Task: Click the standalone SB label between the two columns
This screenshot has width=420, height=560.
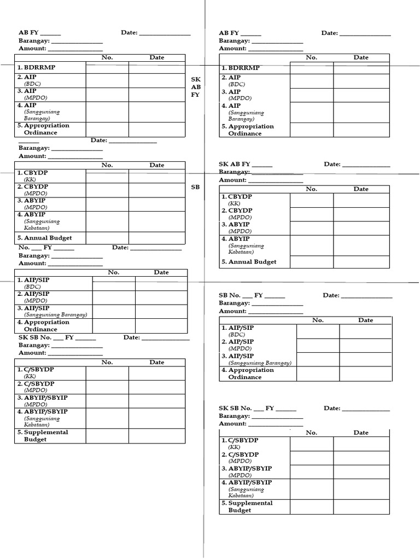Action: pos(195,187)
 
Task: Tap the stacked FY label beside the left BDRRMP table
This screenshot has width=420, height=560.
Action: pos(195,95)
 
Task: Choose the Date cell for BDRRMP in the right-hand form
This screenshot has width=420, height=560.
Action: pos(361,68)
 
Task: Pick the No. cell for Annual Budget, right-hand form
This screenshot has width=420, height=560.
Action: pos(311,262)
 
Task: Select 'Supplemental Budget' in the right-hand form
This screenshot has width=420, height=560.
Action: pos(250,506)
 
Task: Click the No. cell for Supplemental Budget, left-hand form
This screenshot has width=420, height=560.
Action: pos(107,436)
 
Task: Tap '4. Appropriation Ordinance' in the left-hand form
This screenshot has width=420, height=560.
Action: pos(47,326)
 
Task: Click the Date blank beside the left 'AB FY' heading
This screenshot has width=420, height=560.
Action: pos(165,33)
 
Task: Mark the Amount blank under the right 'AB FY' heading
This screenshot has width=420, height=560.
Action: pos(276,49)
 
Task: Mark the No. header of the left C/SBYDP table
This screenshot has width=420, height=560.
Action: pos(107,362)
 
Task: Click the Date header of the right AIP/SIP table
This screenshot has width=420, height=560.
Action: pos(365,320)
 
